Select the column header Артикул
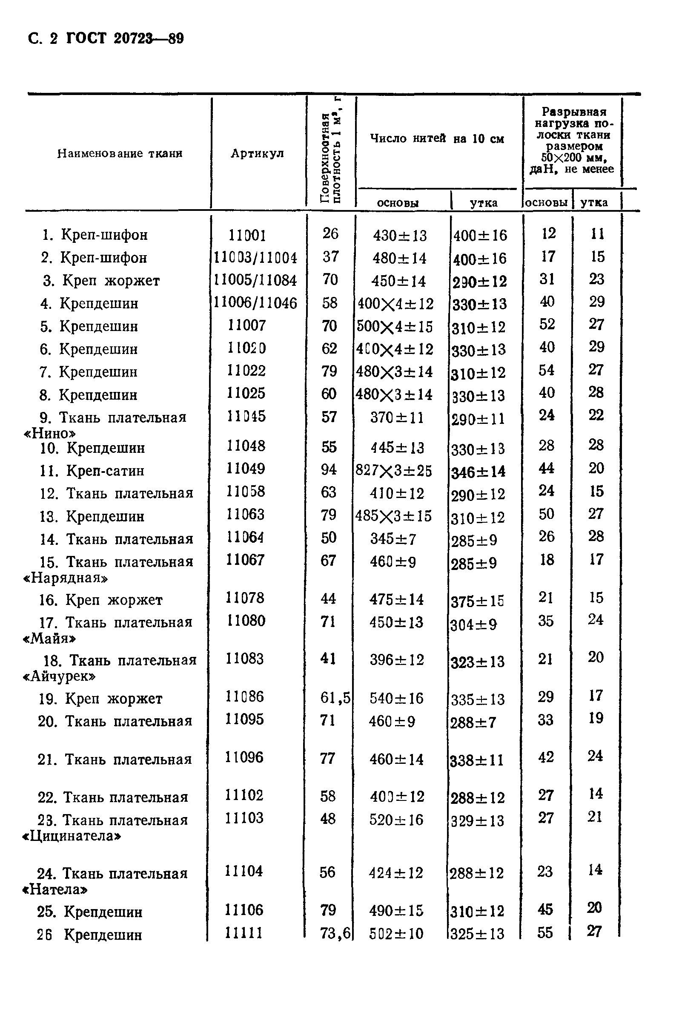point(257,153)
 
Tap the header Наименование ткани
point(120,153)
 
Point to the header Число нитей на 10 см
point(437,138)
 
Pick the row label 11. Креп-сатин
point(92,471)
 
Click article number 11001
point(247,235)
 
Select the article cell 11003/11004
point(255,258)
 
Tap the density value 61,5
point(335,697)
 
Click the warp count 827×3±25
point(394,471)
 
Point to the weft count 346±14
point(478,472)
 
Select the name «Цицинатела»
point(72,836)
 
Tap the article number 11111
point(244,933)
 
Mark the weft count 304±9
point(474,625)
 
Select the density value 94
point(329,469)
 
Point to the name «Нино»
point(50,433)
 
